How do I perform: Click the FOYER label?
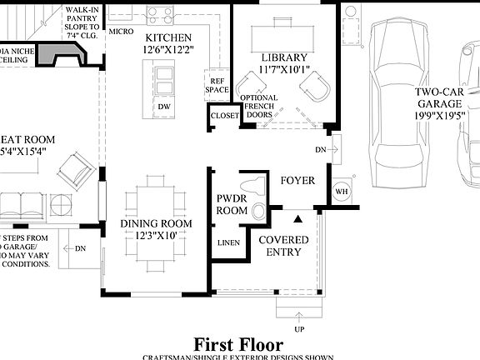pyautogui.click(x=297, y=180)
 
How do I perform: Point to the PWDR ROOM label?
pyautogui.click(x=232, y=205)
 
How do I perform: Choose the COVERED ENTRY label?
pyautogui.click(x=283, y=247)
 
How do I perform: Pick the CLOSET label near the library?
pyautogui.click(x=224, y=116)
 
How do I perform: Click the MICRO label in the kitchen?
pyautogui.click(x=120, y=32)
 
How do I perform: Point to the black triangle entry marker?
pyautogui.click(x=298, y=218)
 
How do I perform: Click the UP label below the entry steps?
pyautogui.click(x=298, y=330)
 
